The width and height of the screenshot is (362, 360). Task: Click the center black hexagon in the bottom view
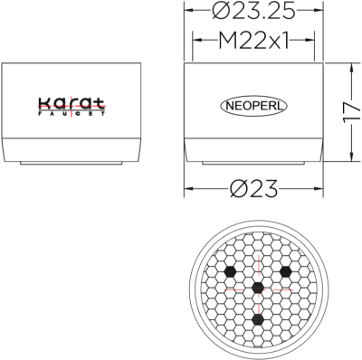(258, 288)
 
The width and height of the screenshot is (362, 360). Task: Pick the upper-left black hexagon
(231, 270)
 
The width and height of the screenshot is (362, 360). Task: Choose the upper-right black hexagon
(286, 270)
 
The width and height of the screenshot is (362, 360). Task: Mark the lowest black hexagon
(258, 319)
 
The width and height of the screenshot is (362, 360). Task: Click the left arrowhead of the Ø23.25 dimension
(188, 13)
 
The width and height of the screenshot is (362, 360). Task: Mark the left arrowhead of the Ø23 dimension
(188, 191)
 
